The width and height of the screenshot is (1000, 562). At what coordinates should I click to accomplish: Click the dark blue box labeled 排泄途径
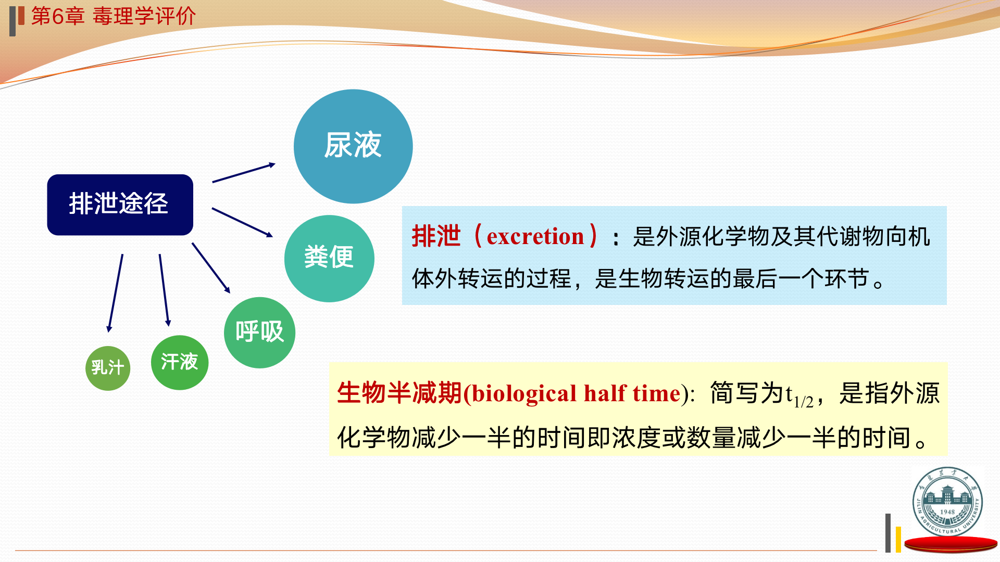click(x=120, y=205)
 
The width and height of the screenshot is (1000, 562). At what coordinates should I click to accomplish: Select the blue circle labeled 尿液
click(x=353, y=146)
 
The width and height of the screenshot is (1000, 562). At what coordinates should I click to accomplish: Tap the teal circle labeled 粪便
click(x=329, y=258)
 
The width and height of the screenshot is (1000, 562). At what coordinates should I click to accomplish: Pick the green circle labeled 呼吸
click(x=259, y=333)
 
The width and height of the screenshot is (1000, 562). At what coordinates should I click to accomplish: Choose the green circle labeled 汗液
click(x=180, y=363)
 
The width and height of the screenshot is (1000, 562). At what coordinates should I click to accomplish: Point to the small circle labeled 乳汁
click(x=108, y=368)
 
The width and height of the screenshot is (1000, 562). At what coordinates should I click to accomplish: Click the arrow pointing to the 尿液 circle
click(x=244, y=173)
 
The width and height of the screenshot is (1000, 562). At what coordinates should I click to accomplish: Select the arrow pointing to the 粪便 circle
click(x=242, y=222)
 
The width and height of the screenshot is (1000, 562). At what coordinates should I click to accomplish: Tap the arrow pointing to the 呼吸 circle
click(x=211, y=268)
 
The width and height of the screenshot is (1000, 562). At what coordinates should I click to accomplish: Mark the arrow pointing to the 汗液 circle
click(x=165, y=290)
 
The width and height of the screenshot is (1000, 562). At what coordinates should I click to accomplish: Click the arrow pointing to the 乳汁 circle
click(x=115, y=293)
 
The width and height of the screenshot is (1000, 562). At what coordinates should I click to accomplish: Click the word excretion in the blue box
click(x=535, y=237)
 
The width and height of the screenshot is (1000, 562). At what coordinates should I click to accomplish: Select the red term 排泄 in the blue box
click(x=436, y=236)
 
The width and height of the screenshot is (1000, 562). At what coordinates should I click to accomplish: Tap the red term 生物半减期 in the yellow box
click(x=399, y=393)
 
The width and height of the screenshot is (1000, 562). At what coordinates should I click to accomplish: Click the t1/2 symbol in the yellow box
click(x=799, y=397)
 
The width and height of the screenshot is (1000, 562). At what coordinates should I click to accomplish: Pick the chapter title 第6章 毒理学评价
click(x=114, y=16)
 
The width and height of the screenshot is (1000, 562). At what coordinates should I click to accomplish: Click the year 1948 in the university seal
click(x=947, y=512)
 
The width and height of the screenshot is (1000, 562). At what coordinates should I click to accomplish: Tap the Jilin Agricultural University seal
click(x=947, y=502)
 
